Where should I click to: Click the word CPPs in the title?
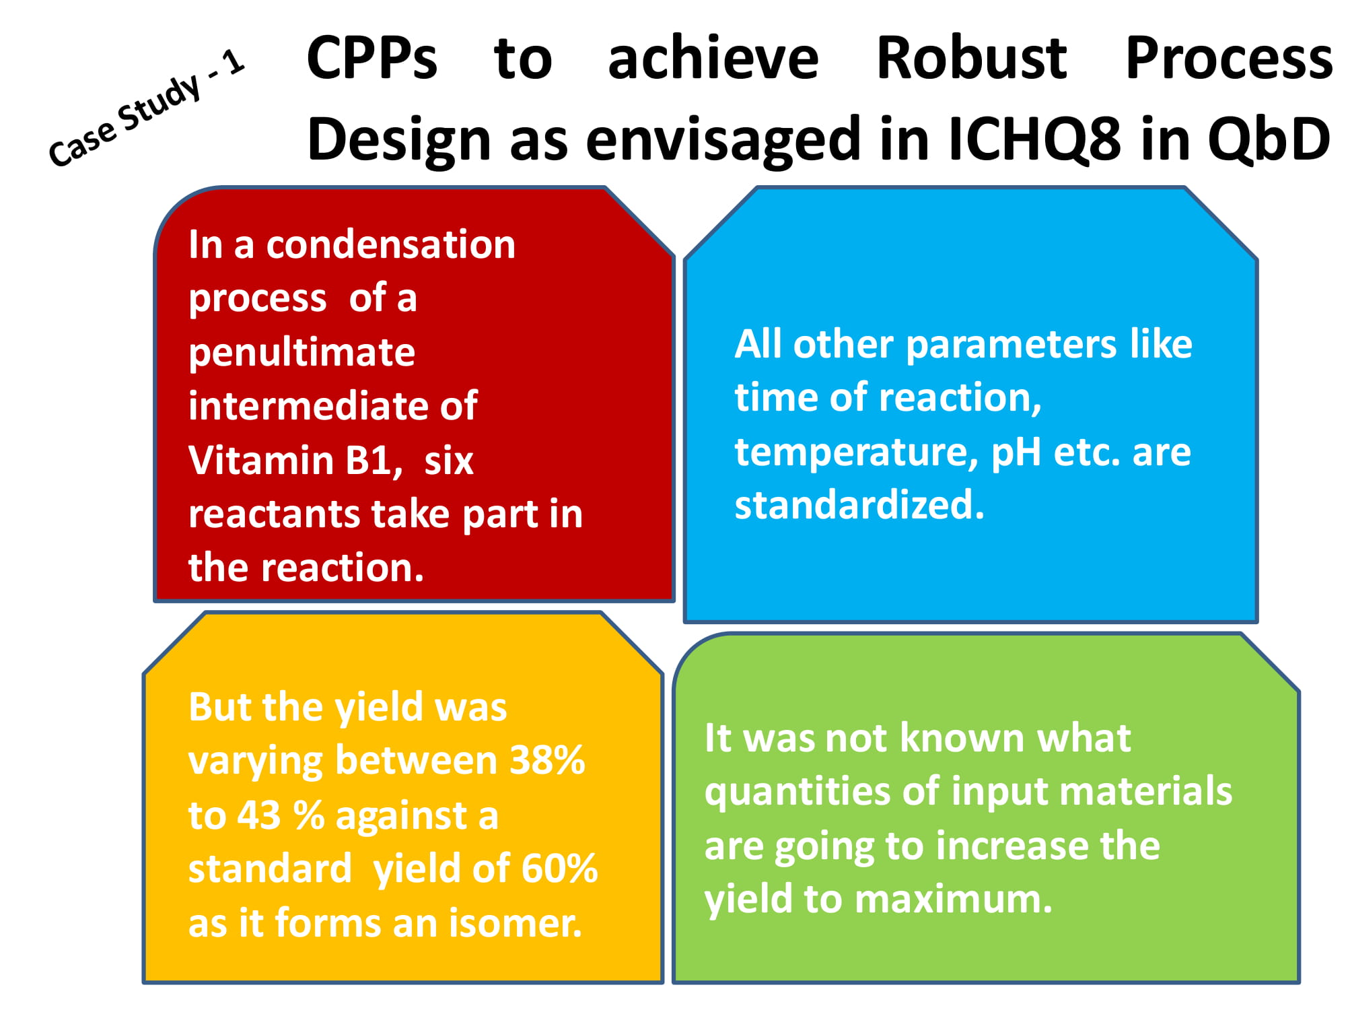[372, 59]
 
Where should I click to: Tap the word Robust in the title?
[972, 59]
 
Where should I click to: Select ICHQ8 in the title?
[1034, 140]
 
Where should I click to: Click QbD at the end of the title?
[1269, 139]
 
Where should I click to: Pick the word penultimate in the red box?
[302, 353]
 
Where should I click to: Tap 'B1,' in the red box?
[374, 461]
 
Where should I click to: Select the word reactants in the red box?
[274, 514]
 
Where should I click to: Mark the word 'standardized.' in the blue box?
[859, 505]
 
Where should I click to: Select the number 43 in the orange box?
[258, 815]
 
